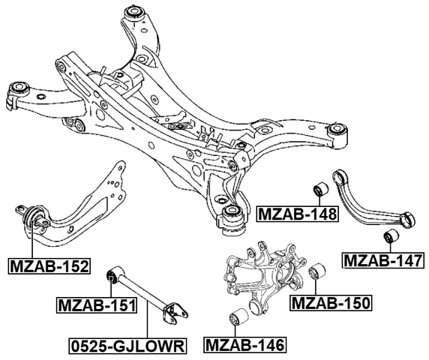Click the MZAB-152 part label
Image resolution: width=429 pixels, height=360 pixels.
coord(49,265)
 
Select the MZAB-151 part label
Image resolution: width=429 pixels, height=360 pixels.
coord(97,305)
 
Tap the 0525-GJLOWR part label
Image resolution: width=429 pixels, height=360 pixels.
coord(127,346)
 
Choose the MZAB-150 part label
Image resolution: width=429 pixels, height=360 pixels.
coord(331,303)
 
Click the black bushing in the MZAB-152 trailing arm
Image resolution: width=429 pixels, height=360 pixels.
coord(34,217)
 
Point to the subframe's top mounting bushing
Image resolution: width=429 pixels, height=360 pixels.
coord(135,13)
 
